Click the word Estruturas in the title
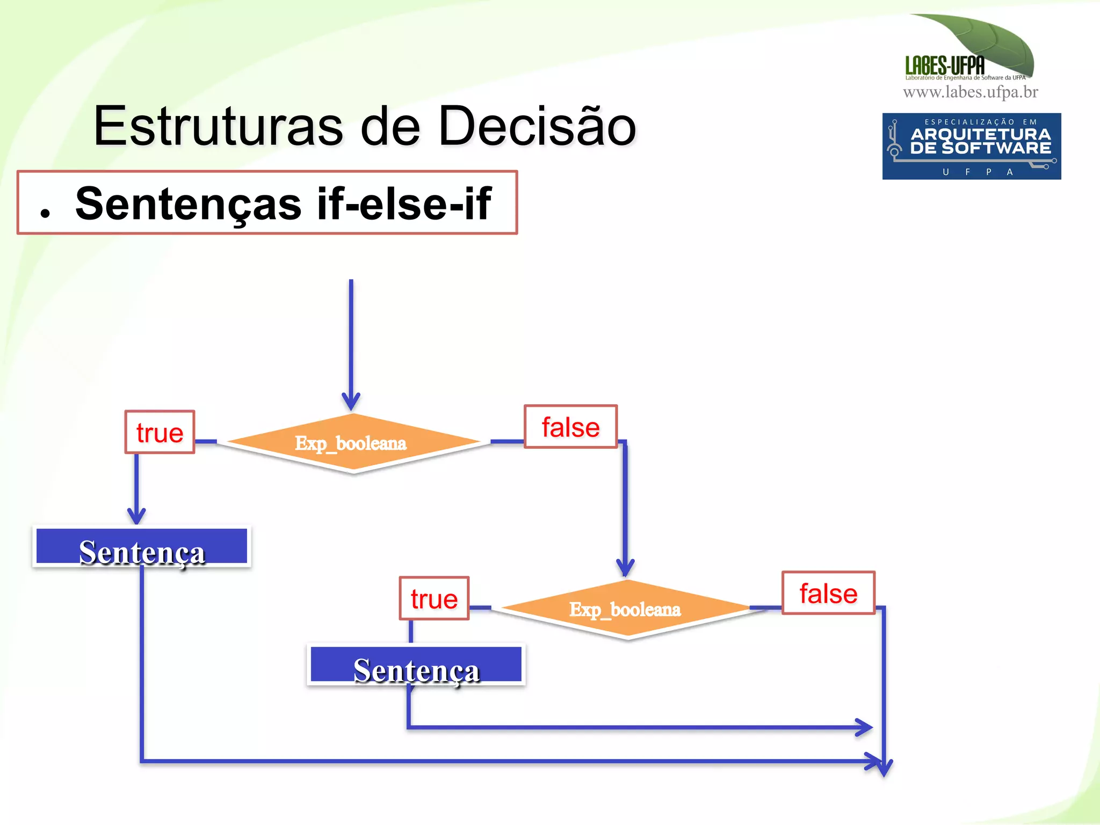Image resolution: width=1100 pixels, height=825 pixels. click(218, 127)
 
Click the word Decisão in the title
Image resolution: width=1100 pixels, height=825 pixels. click(537, 127)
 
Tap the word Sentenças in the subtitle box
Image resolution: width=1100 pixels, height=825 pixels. click(188, 204)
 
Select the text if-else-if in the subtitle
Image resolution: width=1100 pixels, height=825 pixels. click(404, 204)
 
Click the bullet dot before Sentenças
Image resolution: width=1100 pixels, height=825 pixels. click(45, 213)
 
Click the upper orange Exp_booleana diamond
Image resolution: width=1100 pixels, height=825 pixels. click(352, 443)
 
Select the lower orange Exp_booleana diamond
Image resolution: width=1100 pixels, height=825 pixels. click(626, 610)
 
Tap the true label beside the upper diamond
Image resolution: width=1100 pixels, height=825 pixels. click(160, 433)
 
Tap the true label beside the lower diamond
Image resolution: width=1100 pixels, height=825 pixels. click(434, 599)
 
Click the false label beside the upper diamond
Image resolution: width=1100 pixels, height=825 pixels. click(570, 427)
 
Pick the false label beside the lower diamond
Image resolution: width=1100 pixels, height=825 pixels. click(828, 594)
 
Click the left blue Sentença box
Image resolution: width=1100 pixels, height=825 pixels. click(142, 547)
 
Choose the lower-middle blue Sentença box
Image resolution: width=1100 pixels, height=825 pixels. click(416, 666)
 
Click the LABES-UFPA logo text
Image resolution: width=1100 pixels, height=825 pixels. click(945, 66)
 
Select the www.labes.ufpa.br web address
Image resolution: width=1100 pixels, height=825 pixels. click(970, 92)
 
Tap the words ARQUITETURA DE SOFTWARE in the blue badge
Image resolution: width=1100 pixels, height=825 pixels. click(980, 141)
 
